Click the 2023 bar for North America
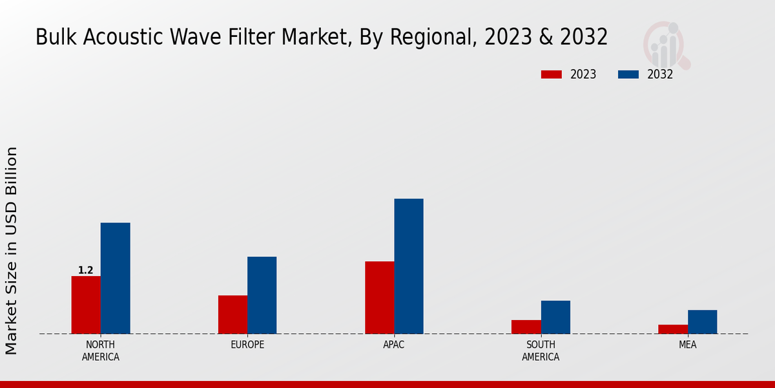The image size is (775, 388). [x=86, y=305]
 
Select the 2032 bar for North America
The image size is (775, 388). [x=115, y=278]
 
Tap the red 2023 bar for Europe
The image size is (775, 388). [x=232, y=314]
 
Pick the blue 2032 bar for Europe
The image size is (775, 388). [x=262, y=295]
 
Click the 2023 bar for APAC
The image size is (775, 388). [x=379, y=297]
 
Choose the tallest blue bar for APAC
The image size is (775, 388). [x=409, y=266]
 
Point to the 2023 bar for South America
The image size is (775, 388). [x=526, y=327]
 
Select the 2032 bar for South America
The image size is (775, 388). [x=555, y=317]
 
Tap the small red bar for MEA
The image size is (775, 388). [x=672, y=329]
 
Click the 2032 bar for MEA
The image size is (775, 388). [x=702, y=321]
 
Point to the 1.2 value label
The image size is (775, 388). [x=86, y=270]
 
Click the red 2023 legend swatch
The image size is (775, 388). [x=551, y=74]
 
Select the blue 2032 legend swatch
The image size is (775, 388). [x=628, y=74]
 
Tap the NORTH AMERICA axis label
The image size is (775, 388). [x=100, y=350]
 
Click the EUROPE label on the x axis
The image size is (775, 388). [x=247, y=345]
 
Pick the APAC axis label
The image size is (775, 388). [x=394, y=345]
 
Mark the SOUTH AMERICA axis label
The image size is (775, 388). [x=541, y=350]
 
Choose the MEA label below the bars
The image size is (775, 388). [x=687, y=345]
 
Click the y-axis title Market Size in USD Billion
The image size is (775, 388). [x=12, y=251]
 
